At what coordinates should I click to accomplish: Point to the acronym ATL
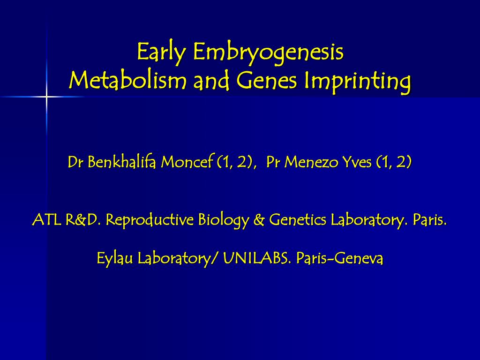pyautogui.click(x=46, y=219)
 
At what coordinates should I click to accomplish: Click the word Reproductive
pyautogui.click(x=150, y=219)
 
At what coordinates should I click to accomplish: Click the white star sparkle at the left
pyautogui.click(x=46, y=97)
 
